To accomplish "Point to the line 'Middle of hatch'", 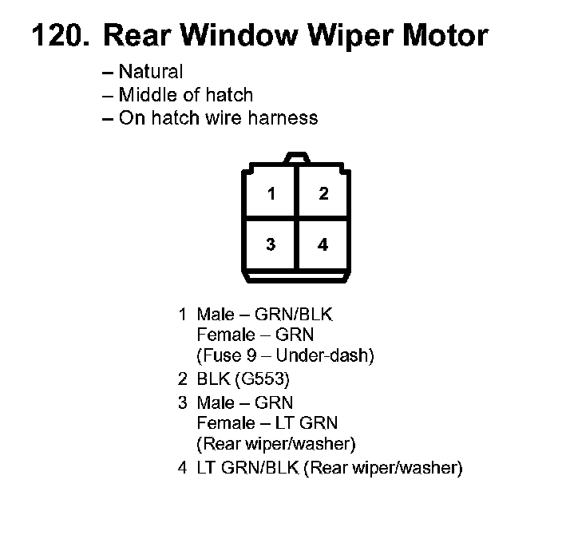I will coord(185,95).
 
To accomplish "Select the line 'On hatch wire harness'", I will coord(218,118).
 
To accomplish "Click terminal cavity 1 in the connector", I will coord(271,194).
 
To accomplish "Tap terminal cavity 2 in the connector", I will coord(323,194).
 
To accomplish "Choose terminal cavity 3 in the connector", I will coord(271,244).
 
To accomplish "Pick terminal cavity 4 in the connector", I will coord(323,244).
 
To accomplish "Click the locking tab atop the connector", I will coord(297,159).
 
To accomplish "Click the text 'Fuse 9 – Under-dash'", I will coord(285,355).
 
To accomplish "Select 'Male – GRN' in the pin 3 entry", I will coord(245,403).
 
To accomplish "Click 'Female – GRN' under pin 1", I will coord(255,335).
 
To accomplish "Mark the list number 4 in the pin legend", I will coord(183,468).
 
